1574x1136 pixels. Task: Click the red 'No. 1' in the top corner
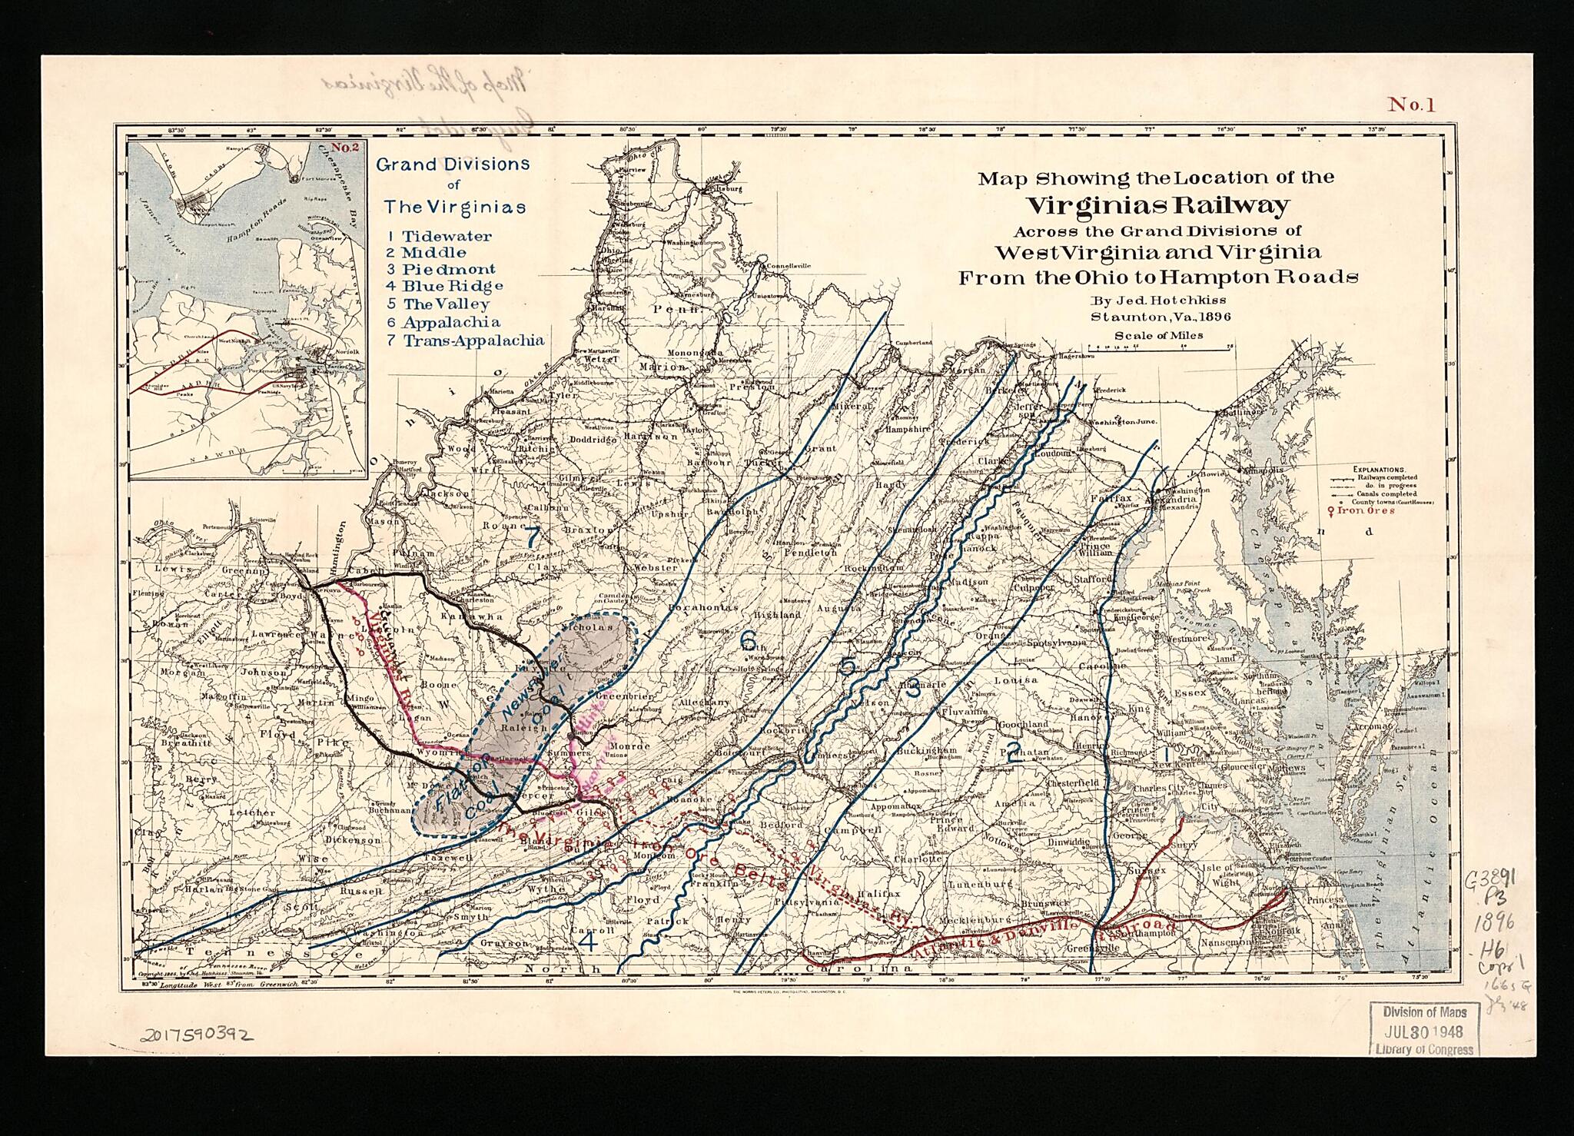click(x=1410, y=105)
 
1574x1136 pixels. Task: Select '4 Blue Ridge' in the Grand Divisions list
click(x=444, y=286)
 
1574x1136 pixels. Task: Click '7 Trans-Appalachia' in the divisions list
click(x=464, y=340)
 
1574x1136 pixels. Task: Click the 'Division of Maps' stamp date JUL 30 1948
click(x=1424, y=1031)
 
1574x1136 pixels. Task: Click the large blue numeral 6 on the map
click(x=748, y=639)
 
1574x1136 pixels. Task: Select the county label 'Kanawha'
click(x=479, y=617)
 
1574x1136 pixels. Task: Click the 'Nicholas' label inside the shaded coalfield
click(x=590, y=627)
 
